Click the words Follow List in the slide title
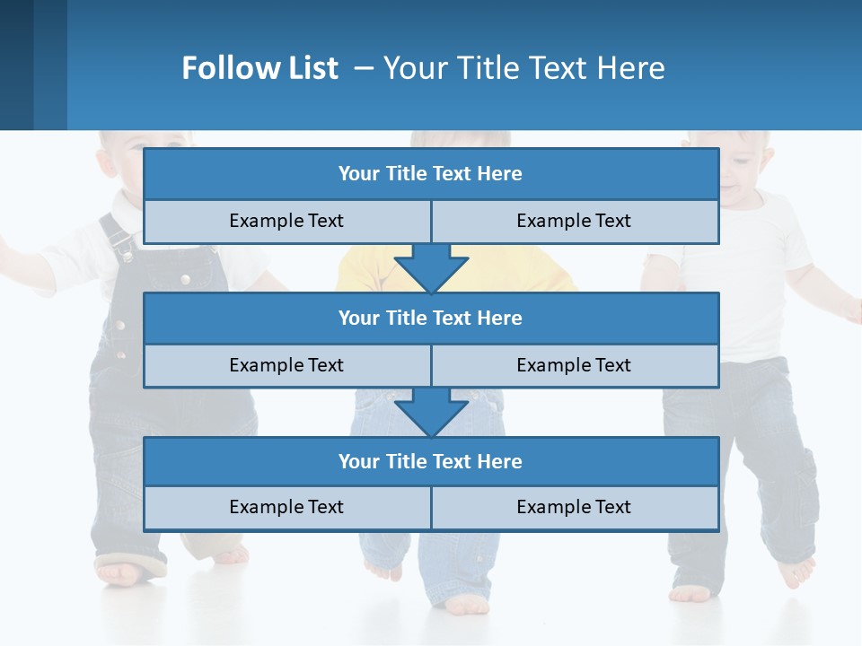pos(259,68)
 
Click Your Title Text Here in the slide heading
pos(523,68)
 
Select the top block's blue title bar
pos(431,174)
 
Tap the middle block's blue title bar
pos(431,318)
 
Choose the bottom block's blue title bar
pos(431,461)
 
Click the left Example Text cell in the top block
pos(286,221)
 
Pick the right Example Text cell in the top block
pos(574,221)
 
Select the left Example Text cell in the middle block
pos(286,365)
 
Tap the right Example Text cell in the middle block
pos(574,365)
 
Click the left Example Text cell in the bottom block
pos(286,507)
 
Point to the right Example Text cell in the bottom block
pos(574,507)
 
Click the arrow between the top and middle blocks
pos(431,267)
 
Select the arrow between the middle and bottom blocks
pos(431,411)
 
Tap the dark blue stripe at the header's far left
pos(16,65)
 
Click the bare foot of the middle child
pos(467,605)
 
